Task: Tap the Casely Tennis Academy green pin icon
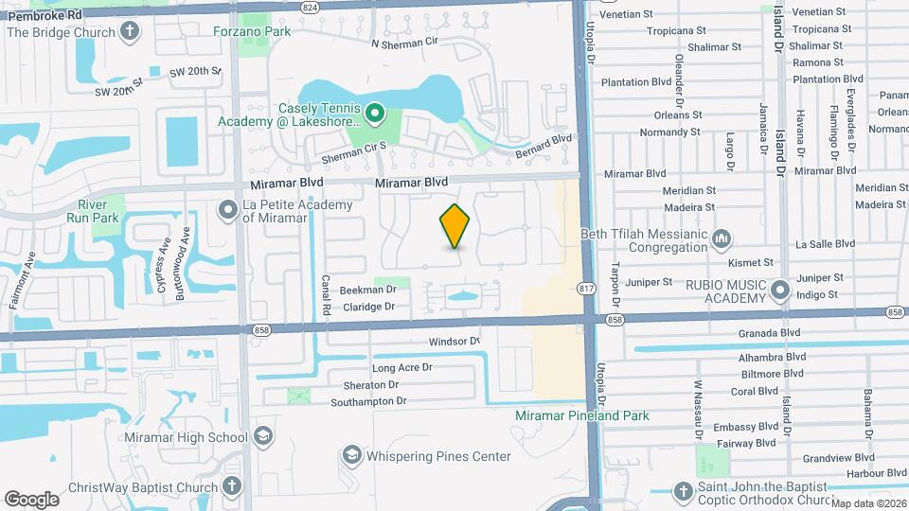click(374, 115)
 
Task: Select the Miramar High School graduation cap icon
click(262, 437)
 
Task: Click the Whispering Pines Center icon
click(352, 457)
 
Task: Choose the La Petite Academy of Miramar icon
click(228, 209)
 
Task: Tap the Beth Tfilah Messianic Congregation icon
click(722, 237)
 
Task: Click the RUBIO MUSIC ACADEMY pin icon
click(780, 289)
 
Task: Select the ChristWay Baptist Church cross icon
click(232, 486)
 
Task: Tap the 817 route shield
click(587, 287)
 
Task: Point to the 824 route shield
click(310, 6)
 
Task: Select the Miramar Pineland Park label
click(582, 415)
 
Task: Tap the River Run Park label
click(102, 211)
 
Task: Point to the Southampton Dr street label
click(368, 401)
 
